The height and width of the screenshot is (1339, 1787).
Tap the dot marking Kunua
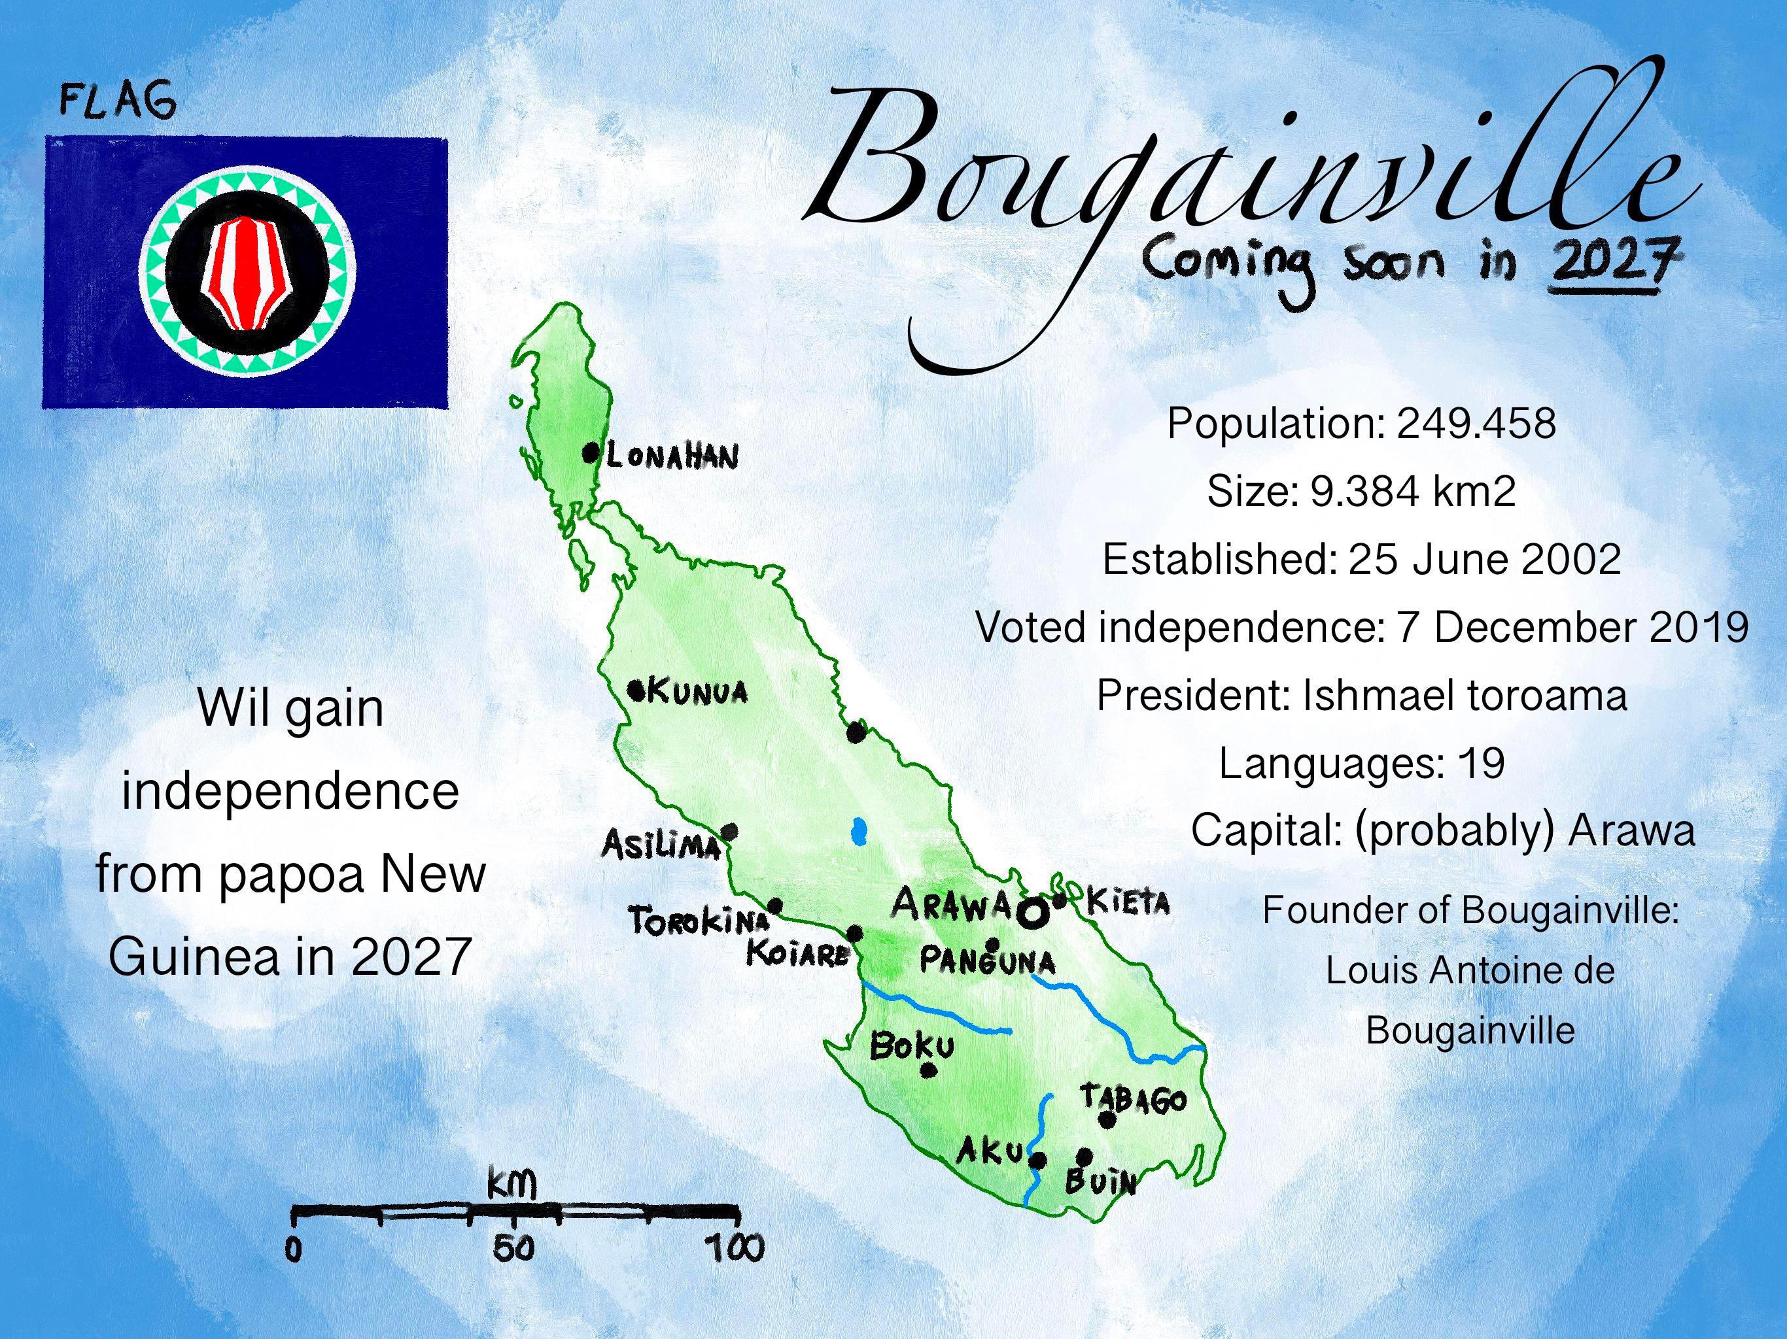point(636,690)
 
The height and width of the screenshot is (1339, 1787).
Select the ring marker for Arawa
point(1032,913)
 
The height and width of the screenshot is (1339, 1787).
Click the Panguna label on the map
point(987,962)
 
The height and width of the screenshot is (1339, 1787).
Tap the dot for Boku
point(928,1071)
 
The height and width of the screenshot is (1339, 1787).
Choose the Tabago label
point(1134,1099)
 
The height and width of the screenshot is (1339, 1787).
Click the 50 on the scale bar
point(514,1249)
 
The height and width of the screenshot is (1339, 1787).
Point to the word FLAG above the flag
point(118,103)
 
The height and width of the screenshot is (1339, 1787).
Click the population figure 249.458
point(1475,423)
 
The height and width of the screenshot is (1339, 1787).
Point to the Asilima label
point(661,845)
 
